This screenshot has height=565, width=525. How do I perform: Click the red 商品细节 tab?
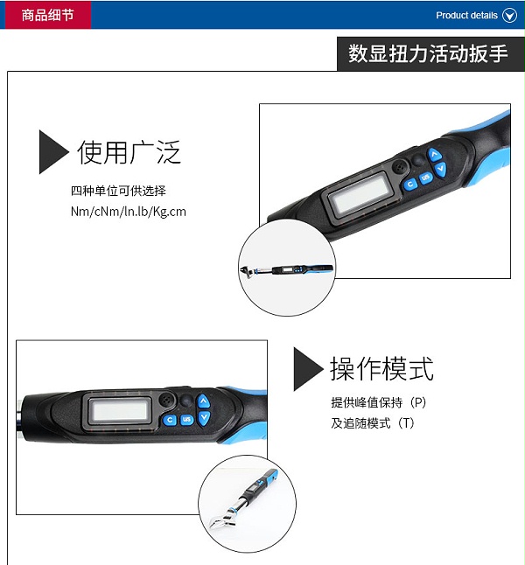point(47,15)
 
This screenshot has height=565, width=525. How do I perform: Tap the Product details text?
point(466,16)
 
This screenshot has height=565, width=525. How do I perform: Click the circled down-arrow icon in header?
point(509,16)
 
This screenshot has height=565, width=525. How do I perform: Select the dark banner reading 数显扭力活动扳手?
point(430,53)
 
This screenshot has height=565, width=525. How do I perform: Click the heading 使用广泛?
point(129,152)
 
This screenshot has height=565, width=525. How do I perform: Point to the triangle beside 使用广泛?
point(53,152)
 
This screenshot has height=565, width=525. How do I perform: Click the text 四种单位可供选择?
point(118,191)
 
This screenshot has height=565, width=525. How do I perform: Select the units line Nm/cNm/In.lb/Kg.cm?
point(129,212)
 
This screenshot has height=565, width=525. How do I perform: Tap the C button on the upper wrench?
point(410,185)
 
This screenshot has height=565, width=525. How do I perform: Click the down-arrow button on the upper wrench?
point(440,169)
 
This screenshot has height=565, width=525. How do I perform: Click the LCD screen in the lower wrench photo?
point(120,410)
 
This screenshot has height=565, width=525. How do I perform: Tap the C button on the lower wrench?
point(170,420)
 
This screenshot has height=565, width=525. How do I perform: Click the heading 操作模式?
point(381,368)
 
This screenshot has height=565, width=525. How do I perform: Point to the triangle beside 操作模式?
point(308,369)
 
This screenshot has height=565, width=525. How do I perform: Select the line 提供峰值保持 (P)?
point(379,402)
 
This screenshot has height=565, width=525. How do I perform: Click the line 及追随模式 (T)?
point(373,423)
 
